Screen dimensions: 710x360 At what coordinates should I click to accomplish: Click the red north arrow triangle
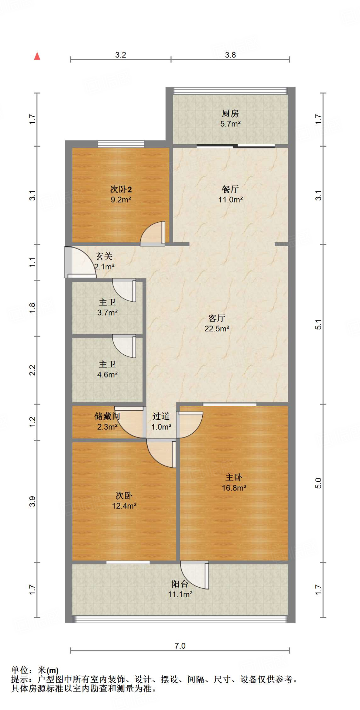coord(37,56)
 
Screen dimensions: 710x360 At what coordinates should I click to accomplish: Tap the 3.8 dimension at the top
coord(230,55)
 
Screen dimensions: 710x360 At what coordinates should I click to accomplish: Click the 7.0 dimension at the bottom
coord(180,646)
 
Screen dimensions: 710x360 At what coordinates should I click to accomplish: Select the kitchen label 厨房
coord(230,113)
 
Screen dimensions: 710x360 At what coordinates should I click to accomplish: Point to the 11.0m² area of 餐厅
coord(230,200)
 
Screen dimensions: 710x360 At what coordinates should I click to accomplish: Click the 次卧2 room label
coord(121,189)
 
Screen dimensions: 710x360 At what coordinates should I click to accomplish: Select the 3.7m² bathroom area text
coord(107,313)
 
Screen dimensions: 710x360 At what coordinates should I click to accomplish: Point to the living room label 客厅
coord(217,318)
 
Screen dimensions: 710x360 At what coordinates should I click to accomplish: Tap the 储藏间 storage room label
coord(107,416)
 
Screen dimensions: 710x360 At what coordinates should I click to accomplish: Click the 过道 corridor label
coord(161,416)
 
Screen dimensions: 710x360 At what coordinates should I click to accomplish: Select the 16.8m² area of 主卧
coord(234,488)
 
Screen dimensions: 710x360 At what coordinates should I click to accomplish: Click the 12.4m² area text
coord(124,506)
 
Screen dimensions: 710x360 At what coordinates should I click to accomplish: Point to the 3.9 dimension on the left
coord(32,501)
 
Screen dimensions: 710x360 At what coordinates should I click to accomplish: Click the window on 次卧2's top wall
coord(121,144)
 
